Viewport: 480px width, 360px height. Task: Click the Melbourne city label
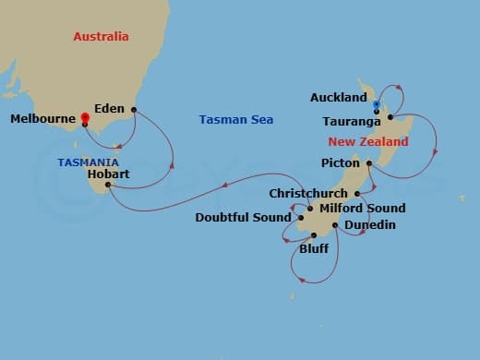(x=42, y=119)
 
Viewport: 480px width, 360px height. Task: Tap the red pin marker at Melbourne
(x=85, y=118)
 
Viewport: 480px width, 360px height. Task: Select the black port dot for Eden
(x=134, y=110)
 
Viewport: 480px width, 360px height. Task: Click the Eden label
(x=111, y=109)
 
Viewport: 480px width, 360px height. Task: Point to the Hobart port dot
(x=108, y=185)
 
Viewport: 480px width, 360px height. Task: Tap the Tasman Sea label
(x=235, y=120)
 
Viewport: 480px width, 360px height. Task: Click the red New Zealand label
(x=367, y=142)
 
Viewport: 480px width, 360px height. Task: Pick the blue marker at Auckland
(x=377, y=103)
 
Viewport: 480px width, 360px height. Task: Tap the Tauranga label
(x=353, y=121)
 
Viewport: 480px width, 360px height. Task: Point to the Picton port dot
(x=368, y=164)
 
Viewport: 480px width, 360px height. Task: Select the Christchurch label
(x=308, y=194)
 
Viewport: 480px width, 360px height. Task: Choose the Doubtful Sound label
(x=244, y=218)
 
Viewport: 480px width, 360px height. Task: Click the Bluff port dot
(x=315, y=236)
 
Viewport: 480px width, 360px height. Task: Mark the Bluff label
(x=314, y=249)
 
